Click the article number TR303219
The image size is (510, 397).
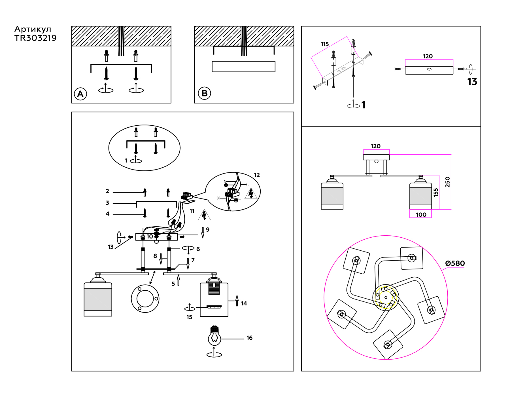[x=35, y=38]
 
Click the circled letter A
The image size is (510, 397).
[x=80, y=94]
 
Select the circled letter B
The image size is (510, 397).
[x=204, y=93]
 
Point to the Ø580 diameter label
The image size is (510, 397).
[x=455, y=263]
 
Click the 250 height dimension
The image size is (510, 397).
[x=447, y=182]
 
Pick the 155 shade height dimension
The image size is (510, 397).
[x=436, y=193]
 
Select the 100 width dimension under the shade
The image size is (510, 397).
[x=421, y=215]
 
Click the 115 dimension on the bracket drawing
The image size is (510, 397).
[x=325, y=44]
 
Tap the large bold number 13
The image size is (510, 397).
[x=472, y=82]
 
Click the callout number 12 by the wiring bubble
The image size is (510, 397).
[x=257, y=175]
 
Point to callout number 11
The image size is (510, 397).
[x=192, y=211]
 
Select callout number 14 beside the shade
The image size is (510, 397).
[x=244, y=303]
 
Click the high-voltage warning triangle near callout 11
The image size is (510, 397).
[x=204, y=216]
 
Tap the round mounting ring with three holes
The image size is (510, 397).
[x=145, y=299]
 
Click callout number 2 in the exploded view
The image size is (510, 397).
[x=107, y=191]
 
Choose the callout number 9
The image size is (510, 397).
[x=208, y=229]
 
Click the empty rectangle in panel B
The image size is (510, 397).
[x=243, y=67]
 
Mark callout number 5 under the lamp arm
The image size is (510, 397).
[x=173, y=284]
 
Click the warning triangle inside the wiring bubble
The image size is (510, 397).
[x=251, y=194]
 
